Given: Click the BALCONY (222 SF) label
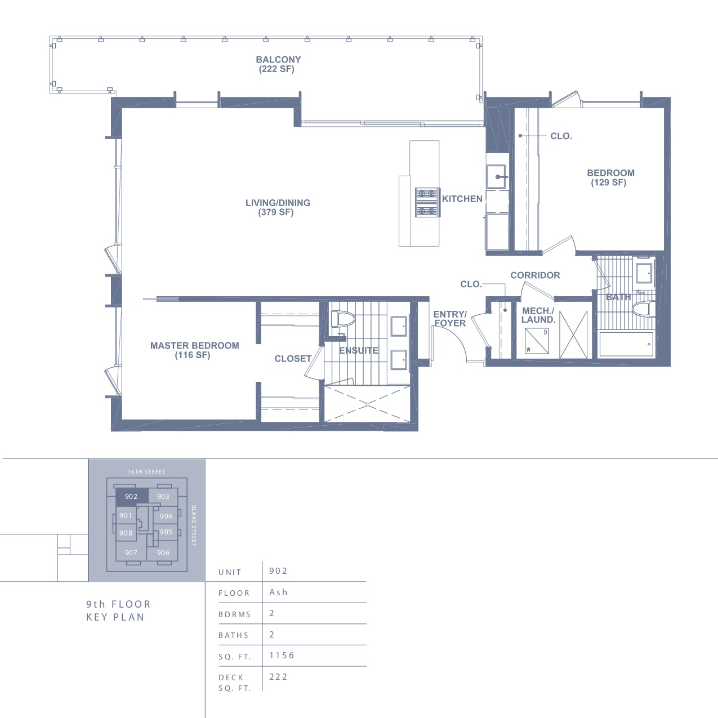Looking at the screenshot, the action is click(278, 64).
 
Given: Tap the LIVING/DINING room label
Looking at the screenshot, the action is click(278, 207).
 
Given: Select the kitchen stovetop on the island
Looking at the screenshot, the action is click(427, 202).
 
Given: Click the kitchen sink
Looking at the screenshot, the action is click(497, 177).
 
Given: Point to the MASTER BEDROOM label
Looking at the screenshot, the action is click(194, 350).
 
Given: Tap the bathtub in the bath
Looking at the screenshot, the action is click(626, 344).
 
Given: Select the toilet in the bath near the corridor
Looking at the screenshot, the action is click(644, 309).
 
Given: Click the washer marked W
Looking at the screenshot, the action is click(537, 341).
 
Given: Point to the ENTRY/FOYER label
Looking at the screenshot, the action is click(450, 319).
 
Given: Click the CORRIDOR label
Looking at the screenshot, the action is click(535, 275).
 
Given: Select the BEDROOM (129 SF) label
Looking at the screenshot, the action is click(610, 177).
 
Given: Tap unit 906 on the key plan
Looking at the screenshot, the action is click(163, 552).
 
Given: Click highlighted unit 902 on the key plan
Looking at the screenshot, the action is click(132, 496).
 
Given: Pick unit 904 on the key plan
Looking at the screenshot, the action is click(166, 516).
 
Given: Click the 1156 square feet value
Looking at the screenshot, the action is click(282, 655).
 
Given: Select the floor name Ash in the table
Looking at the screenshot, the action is click(278, 592).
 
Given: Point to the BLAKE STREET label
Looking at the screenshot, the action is click(193, 526).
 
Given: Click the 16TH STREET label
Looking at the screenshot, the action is click(146, 472).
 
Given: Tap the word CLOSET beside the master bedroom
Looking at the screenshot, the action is click(293, 359).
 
